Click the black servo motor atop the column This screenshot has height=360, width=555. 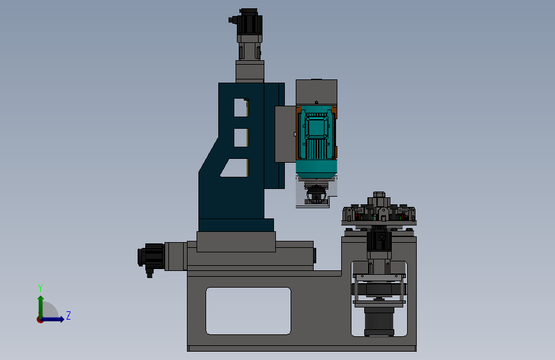(249, 22)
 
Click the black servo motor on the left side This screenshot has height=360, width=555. (152, 257)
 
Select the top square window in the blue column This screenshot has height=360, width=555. (241, 108)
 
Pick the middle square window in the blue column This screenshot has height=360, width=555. (241, 138)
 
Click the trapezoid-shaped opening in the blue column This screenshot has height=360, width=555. (236, 168)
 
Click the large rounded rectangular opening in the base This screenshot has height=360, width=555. (248, 311)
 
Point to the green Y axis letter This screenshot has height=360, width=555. (40, 288)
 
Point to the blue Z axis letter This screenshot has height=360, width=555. (68, 315)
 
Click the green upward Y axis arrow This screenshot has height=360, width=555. (41, 307)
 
